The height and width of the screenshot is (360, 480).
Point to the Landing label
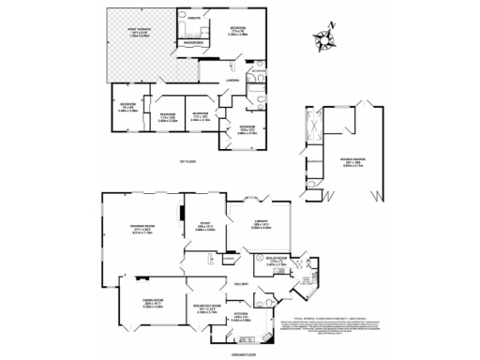coord(229,82)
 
